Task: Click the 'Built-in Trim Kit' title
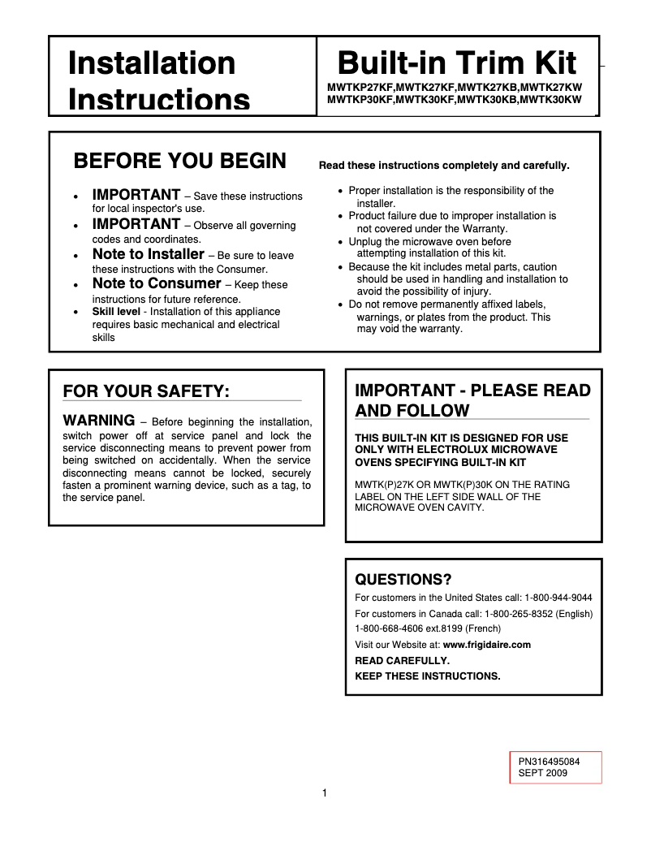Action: click(457, 63)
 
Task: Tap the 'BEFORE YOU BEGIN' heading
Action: click(179, 161)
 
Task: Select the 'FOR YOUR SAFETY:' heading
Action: click(146, 391)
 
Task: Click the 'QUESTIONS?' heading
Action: click(403, 579)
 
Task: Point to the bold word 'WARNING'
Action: click(98, 421)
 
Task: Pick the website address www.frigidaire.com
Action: click(486, 645)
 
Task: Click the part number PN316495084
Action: click(550, 762)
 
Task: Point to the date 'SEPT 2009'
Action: click(543, 773)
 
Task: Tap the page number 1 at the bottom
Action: click(324, 793)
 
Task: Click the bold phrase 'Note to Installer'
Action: click(148, 254)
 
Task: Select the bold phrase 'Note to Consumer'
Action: click(157, 283)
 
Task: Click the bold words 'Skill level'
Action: click(116, 312)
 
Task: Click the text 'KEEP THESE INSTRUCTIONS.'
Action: click(428, 676)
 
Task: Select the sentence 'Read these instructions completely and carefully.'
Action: click(444, 166)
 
